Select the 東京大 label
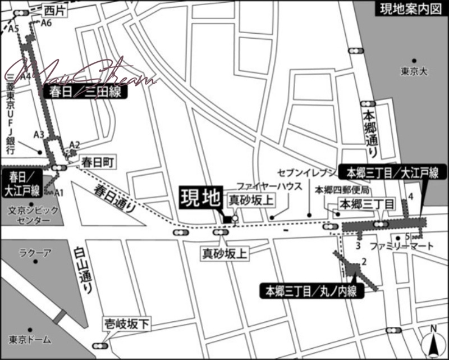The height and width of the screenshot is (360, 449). click(x=414, y=72)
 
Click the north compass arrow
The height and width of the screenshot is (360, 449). click(x=433, y=342)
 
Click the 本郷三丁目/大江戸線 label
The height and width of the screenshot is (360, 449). click(x=392, y=174)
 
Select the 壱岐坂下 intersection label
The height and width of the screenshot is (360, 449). click(x=127, y=323)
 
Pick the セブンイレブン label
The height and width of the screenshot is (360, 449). click(x=306, y=171)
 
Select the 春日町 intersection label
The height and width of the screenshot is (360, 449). click(x=98, y=162)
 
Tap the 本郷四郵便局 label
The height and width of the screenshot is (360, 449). click(x=341, y=190)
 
